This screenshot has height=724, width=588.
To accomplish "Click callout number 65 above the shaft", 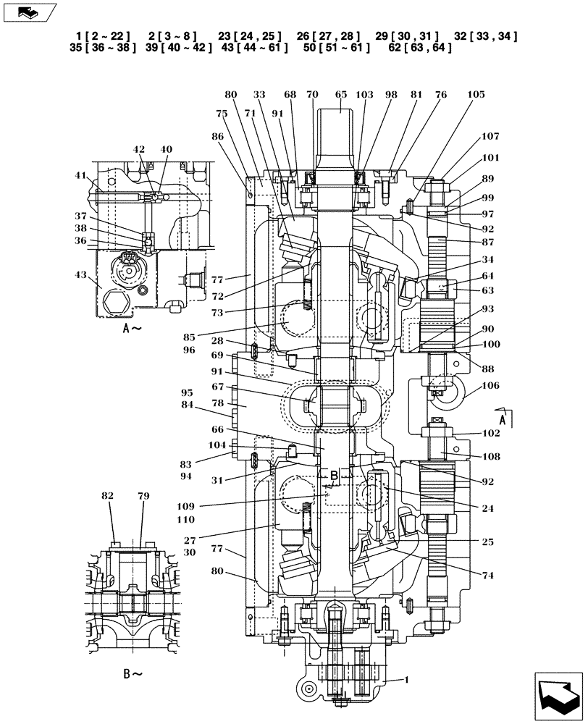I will pyautogui.click(x=341, y=95).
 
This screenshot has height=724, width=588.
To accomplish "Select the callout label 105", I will pyautogui.click(x=476, y=95).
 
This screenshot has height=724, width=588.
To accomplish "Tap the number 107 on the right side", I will pyautogui.click(x=490, y=136).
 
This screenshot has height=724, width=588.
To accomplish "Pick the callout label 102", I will pyautogui.click(x=490, y=434).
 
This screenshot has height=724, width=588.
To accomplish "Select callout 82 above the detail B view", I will pyautogui.click(x=108, y=496).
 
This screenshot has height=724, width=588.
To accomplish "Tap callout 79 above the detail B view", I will pyautogui.click(x=143, y=496).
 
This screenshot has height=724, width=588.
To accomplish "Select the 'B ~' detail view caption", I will pyautogui.click(x=133, y=674).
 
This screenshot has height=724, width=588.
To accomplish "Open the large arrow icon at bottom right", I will pyautogui.click(x=557, y=696).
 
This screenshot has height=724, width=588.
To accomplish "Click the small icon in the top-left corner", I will pyautogui.click(x=28, y=12).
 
